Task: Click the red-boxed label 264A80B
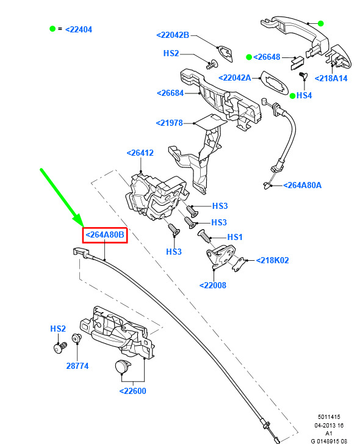pyautogui.click(x=104, y=235)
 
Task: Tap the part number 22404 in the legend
pyautogui.click(x=79, y=29)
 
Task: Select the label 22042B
pyautogui.click(x=173, y=35)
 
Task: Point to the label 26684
pyautogui.click(x=170, y=93)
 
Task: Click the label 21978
pyautogui.click(x=170, y=123)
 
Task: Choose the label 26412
pyautogui.click(x=140, y=153)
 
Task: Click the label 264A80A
pyautogui.click(x=302, y=185)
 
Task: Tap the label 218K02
pyautogui.click(x=272, y=260)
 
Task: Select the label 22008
pyautogui.click(x=213, y=285)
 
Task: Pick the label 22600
pyautogui.click(x=132, y=391)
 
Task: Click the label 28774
pyautogui.click(x=77, y=366)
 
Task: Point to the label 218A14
pyautogui.click(x=331, y=78)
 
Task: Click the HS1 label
pyautogui.click(x=235, y=237)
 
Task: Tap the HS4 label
pyautogui.click(x=304, y=95)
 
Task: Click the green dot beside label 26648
pyautogui.click(x=249, y=57)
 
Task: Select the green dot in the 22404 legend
pyautogui.click(x=52, y=29)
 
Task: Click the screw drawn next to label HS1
pyautogui.click(x=204, y=236)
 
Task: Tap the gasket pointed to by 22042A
pyautogui.click(x=274, y=82)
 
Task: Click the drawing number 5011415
pyautogui.click(x=329, y=417)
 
